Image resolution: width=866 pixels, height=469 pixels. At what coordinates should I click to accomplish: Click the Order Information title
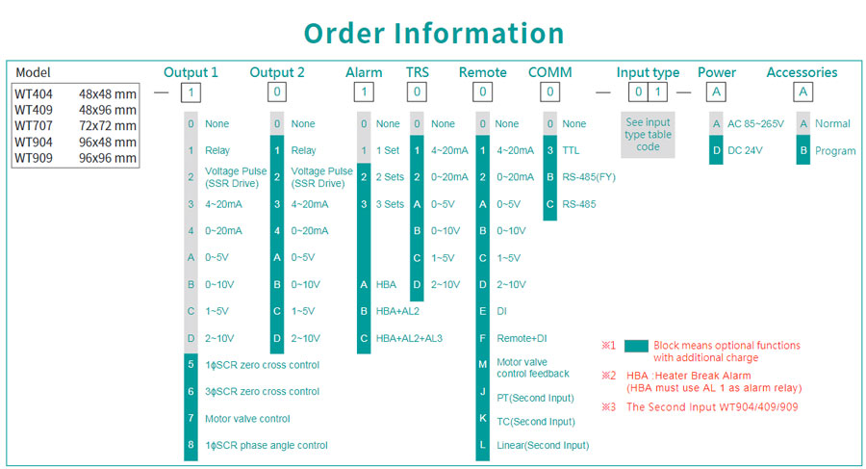pyautogui.click(x=434, y=33)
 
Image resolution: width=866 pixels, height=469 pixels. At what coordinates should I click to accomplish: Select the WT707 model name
pyautogui.click(x=34, y=125)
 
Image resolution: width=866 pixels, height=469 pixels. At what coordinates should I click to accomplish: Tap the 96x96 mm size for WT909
pyautogui.click(x=107, y=158)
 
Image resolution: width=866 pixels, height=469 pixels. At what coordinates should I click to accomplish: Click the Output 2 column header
pyautogui.click(x=277, y=72)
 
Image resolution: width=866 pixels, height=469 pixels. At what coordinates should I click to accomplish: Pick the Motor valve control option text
pyautogui.click(x=247, y=419)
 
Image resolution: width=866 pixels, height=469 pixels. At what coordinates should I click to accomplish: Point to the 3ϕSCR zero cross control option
pyautogui.click(x=262, y=392)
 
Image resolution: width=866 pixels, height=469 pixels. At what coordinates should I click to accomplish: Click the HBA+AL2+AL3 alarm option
pyautogui.click(x=409, y=338)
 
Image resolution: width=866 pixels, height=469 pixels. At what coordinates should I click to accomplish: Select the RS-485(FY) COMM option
pyautogui.click(x=589, y=177)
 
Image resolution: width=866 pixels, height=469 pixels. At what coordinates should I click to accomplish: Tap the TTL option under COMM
pyautogui.click(x=571, y=150)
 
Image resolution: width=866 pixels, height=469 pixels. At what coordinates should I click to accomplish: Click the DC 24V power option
pyautogui.click(x=745, y=150)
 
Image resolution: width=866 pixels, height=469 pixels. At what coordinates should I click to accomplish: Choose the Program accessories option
pyautogui.click(x=835, y=151)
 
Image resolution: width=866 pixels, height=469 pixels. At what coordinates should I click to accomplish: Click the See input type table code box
pyautogui.click(x=648, y=135)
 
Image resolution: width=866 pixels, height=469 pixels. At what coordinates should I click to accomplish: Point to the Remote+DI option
pyautogui.click(x=522, y=338)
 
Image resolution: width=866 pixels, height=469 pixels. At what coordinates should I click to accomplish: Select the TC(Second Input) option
pyautogui.click(x=536, y=422)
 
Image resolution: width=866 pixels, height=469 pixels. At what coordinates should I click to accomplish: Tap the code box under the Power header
pyautogui.click(x=716, y=91)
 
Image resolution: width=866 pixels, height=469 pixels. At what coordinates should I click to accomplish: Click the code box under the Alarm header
pyautogui.click(x=364, y=91)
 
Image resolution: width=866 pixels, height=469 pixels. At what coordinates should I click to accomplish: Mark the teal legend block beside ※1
pyautogui.click(x=636, y=347)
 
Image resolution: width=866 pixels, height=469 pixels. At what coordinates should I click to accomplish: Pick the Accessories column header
pyautogui.click(x=802, y=72)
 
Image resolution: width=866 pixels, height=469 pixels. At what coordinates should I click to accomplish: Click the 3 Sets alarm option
pyautogui.click(x=390, y=204)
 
